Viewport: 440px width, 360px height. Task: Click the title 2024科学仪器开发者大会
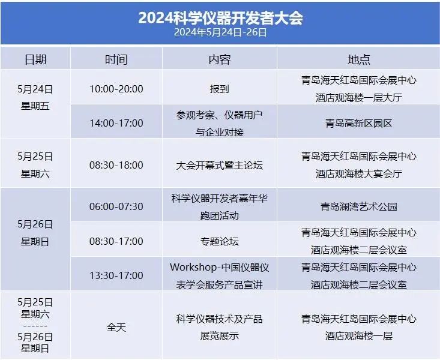(x=220, y=18)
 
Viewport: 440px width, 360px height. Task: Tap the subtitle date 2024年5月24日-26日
(x=220, y=32)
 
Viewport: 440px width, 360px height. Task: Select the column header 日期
(x=35, y=59)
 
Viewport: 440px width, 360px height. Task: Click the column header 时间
(x=116, y=59)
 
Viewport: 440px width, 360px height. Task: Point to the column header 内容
(x=220, y=59)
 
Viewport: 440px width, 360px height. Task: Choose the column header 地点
(x=358, y=59)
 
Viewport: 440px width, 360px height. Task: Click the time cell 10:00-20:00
(x=116, y=89)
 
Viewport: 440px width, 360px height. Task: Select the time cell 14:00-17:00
(x=116, y=123)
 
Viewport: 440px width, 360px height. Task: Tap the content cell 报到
(x=220, y=89)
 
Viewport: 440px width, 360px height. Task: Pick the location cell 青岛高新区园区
(x=358, y=123)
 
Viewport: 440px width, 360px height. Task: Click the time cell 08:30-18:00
(x=116, y=165)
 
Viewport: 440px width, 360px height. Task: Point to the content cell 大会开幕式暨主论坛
(x=220, y=165)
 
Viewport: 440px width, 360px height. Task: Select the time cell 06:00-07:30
(x=116, y=206)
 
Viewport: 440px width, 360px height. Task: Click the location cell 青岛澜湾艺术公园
(x=358, y=207)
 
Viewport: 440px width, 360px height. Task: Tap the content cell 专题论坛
(x=220, y=241)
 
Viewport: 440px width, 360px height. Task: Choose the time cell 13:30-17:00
(x=116, y=275)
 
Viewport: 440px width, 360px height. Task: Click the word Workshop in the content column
(x=193, y=267)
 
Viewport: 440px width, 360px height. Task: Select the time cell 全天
(x=116, y=327)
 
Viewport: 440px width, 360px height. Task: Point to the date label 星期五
(x=35, y=106)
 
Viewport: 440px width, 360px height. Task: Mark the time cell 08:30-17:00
(x=116, y=241)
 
